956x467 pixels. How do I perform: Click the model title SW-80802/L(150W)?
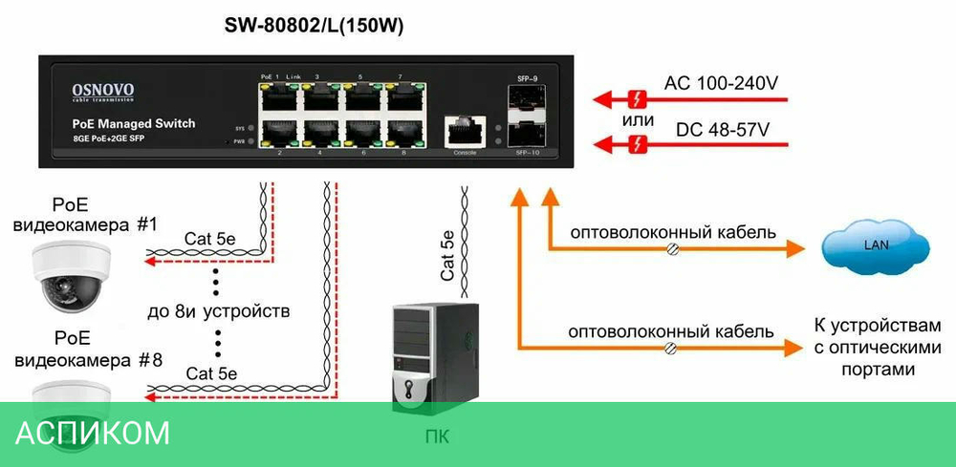tap(314, 27)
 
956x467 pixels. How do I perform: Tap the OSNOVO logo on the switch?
tap(103, 92)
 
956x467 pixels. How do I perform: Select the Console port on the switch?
tap(465, 131)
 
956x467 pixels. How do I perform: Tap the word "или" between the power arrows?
tap(638, 120)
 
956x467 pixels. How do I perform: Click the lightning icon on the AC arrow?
tap(637, 98)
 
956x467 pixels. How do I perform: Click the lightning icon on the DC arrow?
tap(637, 144)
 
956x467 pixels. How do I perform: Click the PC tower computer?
tap(435, 359)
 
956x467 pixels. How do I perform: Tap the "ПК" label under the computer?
tap(436, 438)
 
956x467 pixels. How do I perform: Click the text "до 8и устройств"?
tap(232, 311)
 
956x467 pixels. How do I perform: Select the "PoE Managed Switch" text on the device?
tap(134, 124)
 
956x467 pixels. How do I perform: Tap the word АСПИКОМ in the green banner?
tap(92, 434)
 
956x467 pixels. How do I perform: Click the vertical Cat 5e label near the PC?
tap(446, 254)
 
